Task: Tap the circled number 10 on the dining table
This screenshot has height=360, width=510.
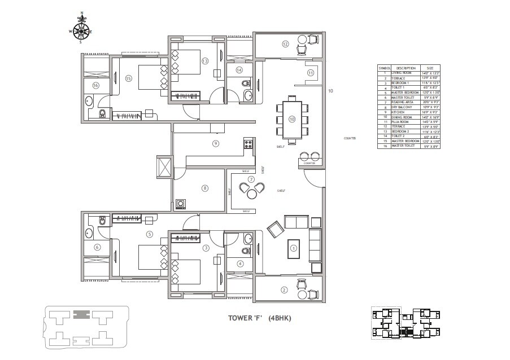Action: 292,119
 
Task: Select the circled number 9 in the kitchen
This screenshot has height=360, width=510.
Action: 215,143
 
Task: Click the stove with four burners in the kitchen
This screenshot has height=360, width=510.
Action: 247,143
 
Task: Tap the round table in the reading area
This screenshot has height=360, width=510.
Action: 250,194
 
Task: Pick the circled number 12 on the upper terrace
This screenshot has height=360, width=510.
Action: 286,43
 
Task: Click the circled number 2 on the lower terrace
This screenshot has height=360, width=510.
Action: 284,290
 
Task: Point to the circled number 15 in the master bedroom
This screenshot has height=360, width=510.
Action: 128,78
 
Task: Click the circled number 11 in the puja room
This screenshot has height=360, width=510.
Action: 310,73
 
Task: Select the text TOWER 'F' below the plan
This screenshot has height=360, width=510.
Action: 245,318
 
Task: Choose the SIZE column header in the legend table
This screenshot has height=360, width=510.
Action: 429,68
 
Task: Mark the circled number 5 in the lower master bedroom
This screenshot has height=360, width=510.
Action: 149,234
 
